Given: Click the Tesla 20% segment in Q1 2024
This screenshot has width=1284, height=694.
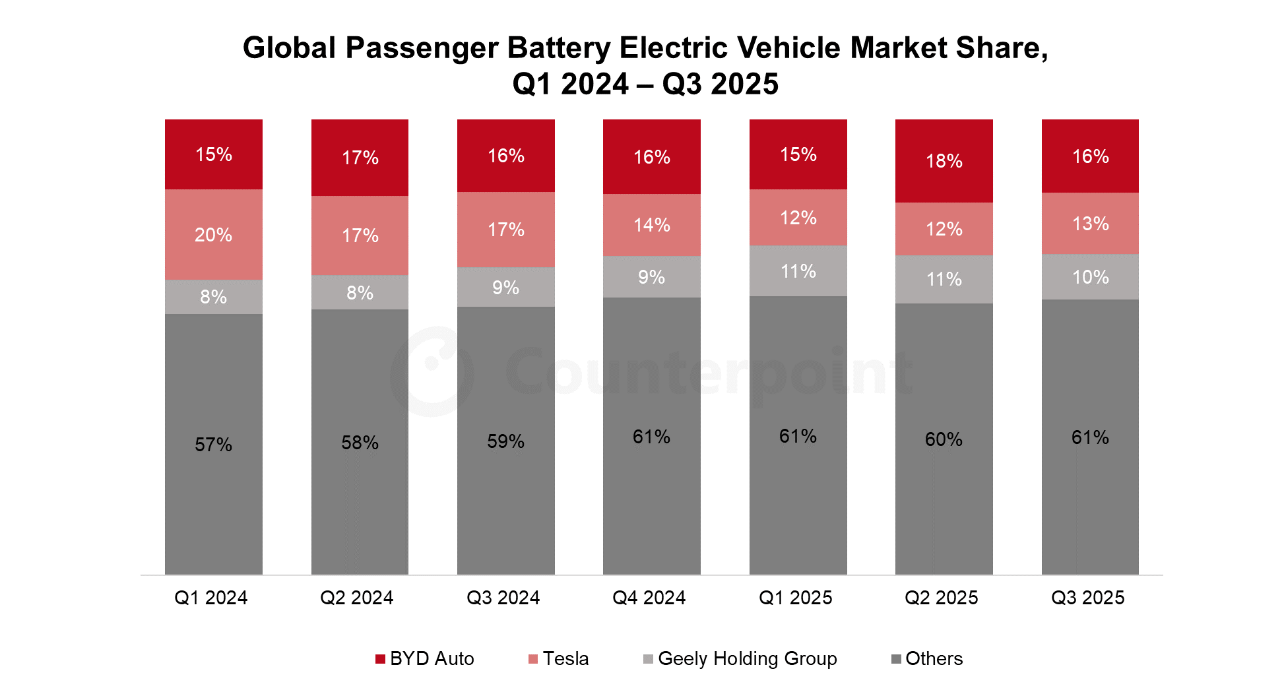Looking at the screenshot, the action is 214,234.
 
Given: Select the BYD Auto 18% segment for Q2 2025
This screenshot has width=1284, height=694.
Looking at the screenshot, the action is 944,161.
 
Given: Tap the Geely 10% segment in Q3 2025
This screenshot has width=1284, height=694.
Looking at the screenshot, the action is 1090,277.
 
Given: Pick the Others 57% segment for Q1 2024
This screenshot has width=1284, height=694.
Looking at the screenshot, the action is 214,444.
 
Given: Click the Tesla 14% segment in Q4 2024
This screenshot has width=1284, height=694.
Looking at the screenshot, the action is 652,225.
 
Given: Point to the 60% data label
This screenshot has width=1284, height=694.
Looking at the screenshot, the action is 944,439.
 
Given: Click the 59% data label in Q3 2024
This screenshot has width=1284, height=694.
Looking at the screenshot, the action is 506,441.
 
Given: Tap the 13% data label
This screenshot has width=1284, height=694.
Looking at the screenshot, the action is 1091,224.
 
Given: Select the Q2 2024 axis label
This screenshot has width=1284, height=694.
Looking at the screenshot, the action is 357,598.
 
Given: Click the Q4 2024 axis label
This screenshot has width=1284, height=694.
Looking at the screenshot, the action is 649,598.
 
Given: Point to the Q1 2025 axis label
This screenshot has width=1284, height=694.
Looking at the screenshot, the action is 796,598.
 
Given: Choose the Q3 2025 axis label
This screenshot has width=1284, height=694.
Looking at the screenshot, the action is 1088,598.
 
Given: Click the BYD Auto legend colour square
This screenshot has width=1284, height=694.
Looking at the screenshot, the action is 380,659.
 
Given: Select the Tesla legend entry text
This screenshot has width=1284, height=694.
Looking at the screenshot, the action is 566,658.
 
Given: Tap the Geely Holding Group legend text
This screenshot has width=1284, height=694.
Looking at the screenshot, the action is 748,658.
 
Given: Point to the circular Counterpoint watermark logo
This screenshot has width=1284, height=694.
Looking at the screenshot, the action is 432,371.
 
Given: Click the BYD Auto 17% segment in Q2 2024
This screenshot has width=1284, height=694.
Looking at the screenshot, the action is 360,158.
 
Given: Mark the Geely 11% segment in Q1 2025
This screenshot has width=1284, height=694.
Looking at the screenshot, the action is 798,271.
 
